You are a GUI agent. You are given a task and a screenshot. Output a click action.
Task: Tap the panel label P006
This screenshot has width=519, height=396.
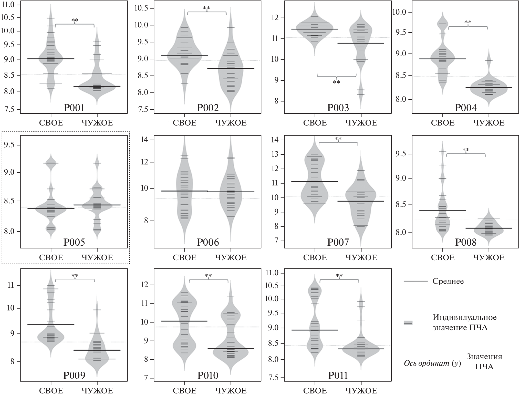(x=208, y=242)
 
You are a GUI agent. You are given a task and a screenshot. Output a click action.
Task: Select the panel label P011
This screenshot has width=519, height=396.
(x=338, y=376)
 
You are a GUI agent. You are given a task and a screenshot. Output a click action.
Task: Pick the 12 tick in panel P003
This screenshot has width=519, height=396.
(x=277, y=18)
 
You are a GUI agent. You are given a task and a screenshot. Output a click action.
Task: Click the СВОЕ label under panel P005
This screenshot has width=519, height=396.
(x=51, y=257)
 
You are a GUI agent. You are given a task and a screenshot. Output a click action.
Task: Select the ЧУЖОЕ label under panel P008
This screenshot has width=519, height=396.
(x=489, y=257)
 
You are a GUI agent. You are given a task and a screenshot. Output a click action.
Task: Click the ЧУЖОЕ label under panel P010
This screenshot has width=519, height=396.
(x=231, y=391)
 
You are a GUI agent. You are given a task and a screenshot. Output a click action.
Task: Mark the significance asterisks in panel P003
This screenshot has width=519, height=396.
(x=336, y=82)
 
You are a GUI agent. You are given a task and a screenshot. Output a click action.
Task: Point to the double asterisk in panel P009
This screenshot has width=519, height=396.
(x=75, y=276)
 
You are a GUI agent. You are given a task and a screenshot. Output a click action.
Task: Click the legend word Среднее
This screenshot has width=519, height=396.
(x=448, y=281)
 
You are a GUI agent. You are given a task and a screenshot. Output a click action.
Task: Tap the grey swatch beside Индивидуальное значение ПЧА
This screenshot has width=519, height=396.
(x=408, y=323)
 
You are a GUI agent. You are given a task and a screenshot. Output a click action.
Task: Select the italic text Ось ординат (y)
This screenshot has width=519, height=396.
(x=432, y=363)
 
